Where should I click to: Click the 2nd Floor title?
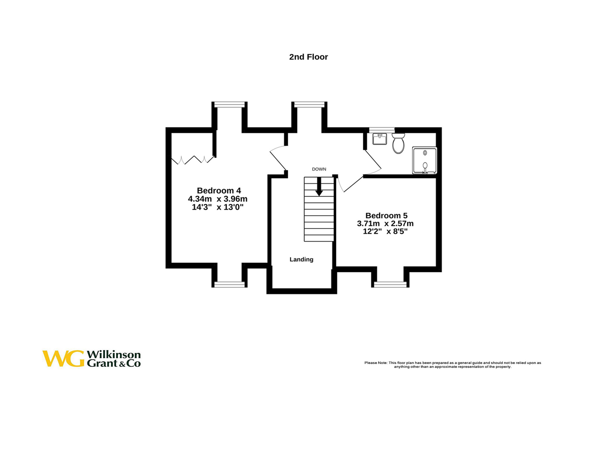tap(308, 57)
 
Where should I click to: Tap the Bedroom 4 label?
tap(219, 191)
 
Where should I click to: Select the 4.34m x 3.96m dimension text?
tap(217, 199)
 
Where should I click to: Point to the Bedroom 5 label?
tap(386, 215)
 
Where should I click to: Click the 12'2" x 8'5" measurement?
tap(385, 232)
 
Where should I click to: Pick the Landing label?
tap(301, 259)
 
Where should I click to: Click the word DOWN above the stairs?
tap(319, 169)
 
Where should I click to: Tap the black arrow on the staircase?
tap(319, 188)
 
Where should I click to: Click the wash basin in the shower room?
tap(380, 139)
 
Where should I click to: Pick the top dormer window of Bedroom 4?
tap(229, 105)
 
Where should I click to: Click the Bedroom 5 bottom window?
tap(390, 285)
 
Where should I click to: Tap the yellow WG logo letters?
tap(63, 359)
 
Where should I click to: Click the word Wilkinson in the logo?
tap(114, 354)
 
